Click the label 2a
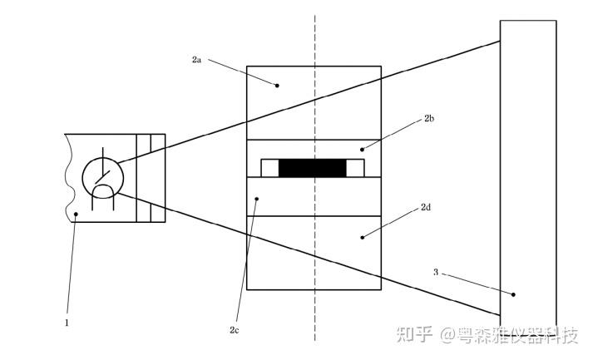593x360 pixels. pyautogui.click(x=196, y=60)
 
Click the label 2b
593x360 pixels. pyautogui.click(x=429, y=120)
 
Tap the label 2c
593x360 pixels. pyautogui.click(x=235, y=330)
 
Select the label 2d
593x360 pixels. pyautogui.click(x=425, y=206)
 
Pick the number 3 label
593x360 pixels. pyautogui.click(x=436, y=272)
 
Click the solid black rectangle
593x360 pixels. pyautogui.click(x=312, y=169)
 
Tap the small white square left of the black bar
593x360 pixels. pyautogui.click(x=269, y=168)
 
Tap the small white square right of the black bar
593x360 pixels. pyautogui.click(x=355, y=168)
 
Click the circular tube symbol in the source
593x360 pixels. pyautogui.click(x=103, y=176)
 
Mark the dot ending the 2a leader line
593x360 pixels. pyautogui.click(x=278, y=84)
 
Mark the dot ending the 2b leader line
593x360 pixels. pyautogui.click(x=361, y=149)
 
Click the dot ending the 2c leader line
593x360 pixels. pyautogui.click(x=258, y=199)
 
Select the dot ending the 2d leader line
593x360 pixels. pyautogui.click(x=361, y=237)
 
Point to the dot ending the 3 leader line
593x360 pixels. pyautogui.click(x=514, y=294)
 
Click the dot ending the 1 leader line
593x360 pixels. pyautogui.click(x=76, y=214)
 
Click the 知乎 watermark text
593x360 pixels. pyautogui.click(x=413, y=335)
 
